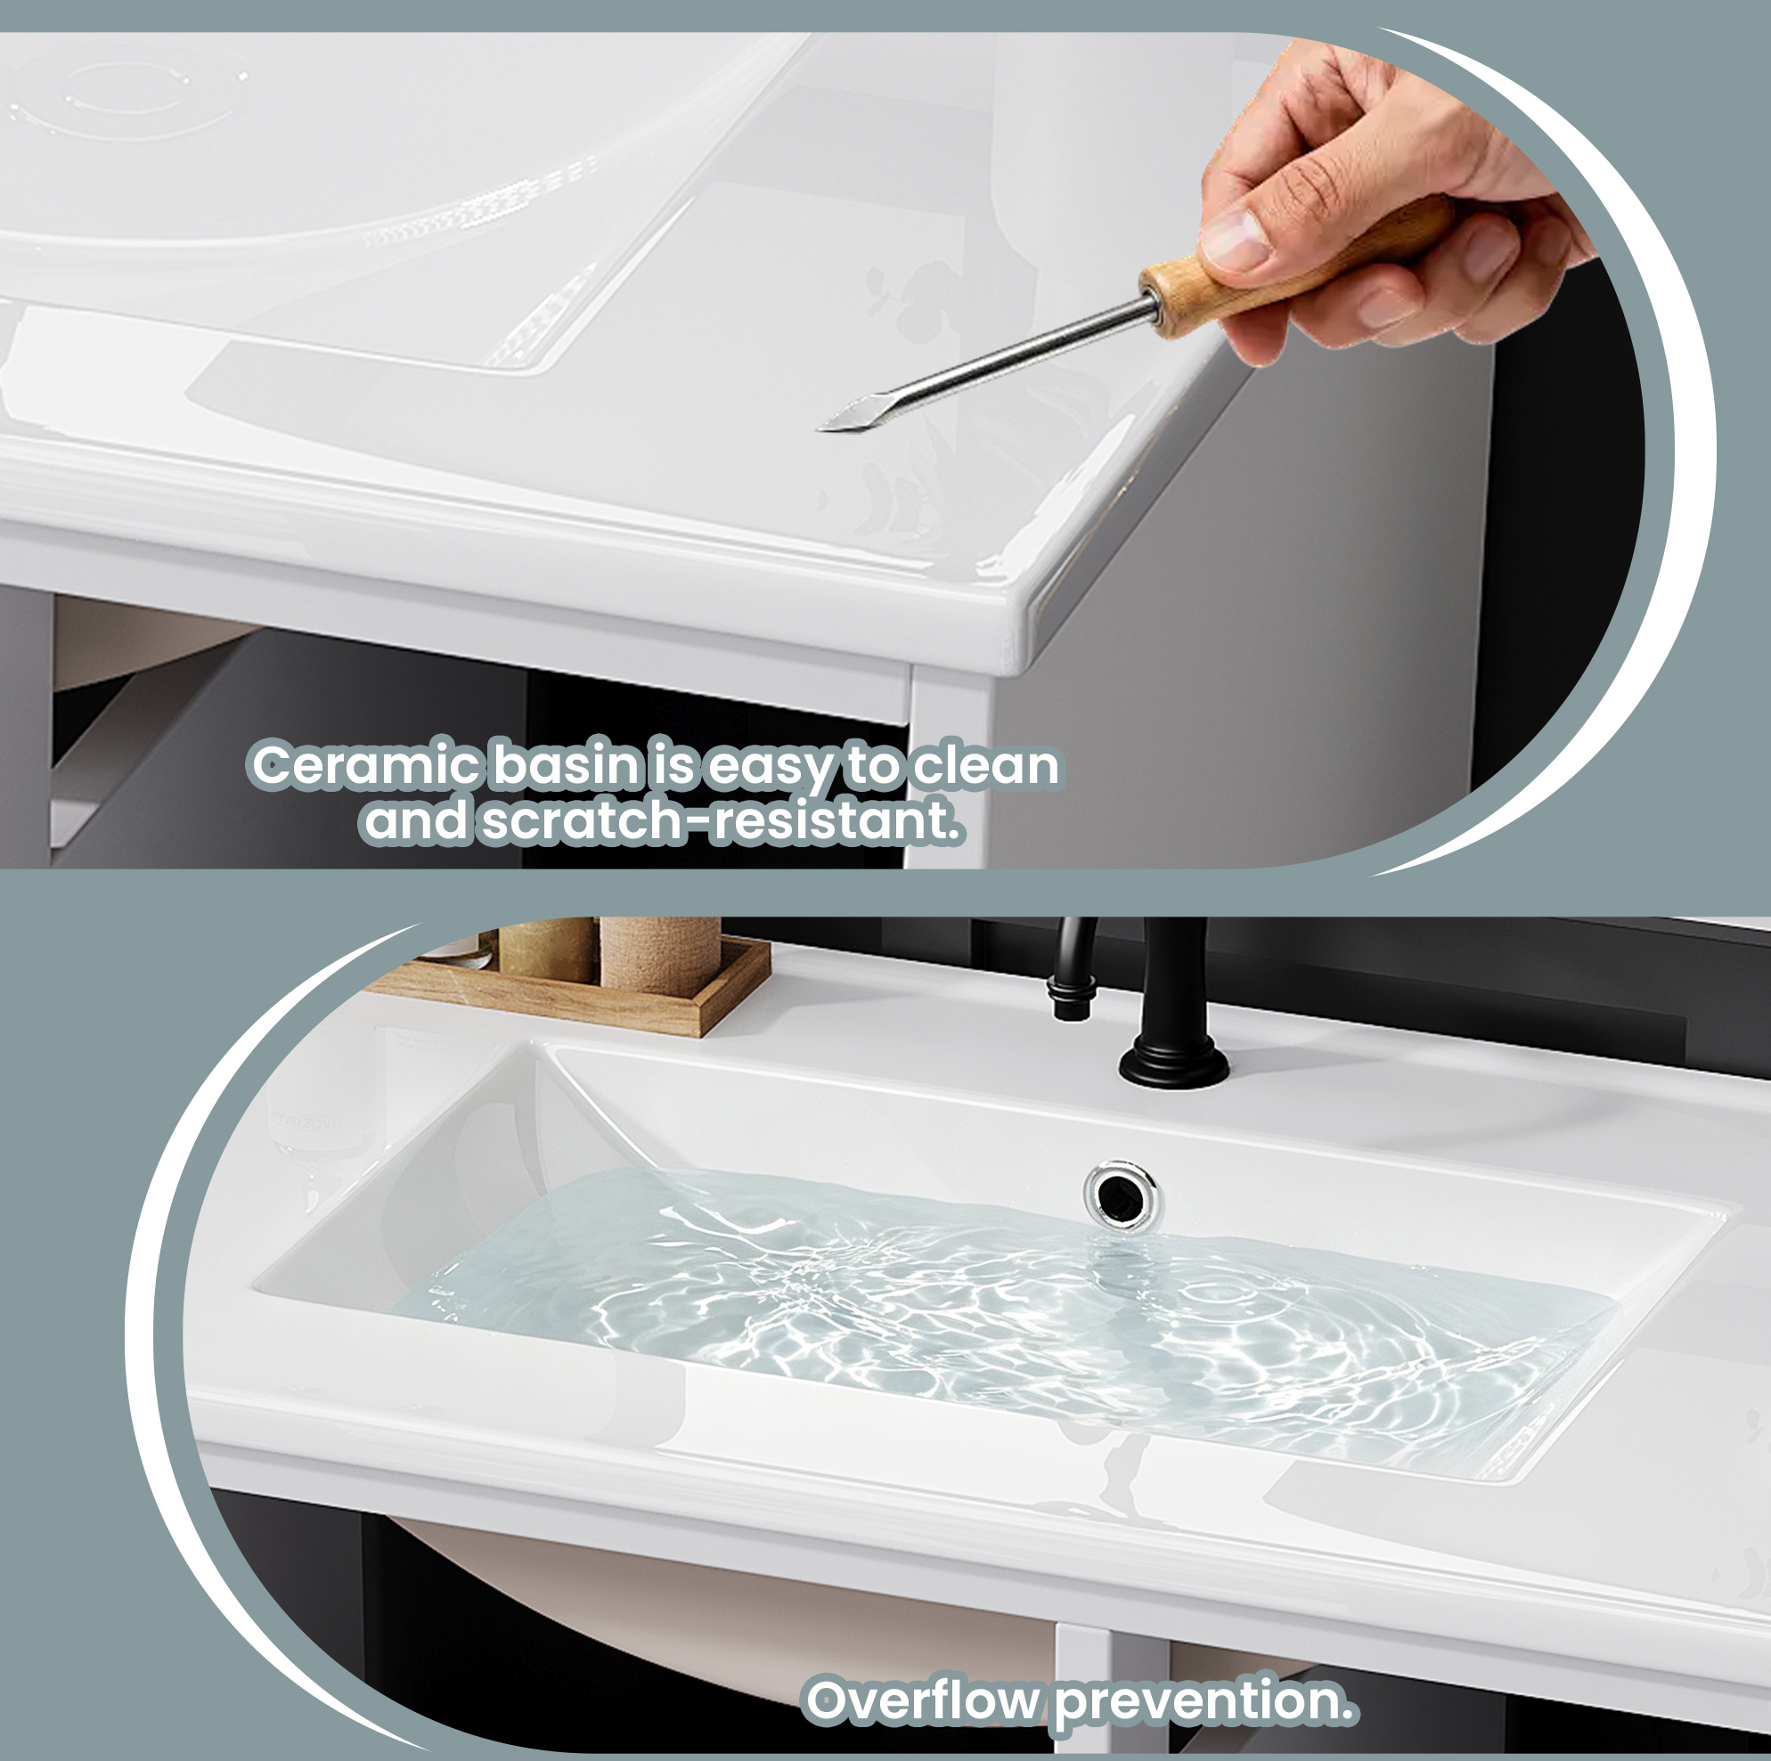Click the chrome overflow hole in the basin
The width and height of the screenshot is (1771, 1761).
pos(1121,1192)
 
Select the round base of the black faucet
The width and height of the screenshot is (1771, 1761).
pos(1174,1064)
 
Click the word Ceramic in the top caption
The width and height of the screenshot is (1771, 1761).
pos(366,766)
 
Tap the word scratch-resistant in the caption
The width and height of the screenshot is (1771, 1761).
pos(722,820)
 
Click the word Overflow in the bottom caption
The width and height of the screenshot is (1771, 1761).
pos(923,1701)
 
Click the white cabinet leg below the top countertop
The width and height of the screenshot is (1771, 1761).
pos(949,765)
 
